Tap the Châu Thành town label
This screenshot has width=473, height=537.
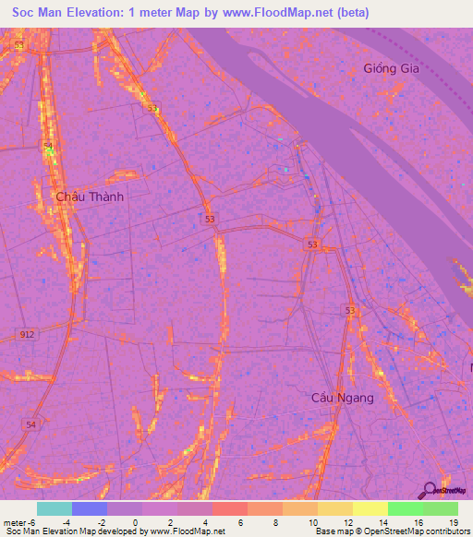click(x=89, y=197)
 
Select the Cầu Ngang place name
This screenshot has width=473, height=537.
click(x=342, y=398)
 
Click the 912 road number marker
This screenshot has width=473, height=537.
click(x=27, y=334)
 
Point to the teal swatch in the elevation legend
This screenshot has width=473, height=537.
click(x=55, y=508)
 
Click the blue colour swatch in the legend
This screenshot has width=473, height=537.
click(x=90, y=508)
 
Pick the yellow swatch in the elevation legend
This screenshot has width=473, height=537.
click(x=370, y=508)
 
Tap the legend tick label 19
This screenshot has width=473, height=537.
click(x=453, y=522)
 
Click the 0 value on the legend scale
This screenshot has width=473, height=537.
click(x=136, y=522)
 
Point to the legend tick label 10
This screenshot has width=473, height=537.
click(x=311, y=522)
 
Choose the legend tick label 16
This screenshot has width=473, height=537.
click(x=418, y=522)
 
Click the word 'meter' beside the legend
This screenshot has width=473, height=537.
click(x=13, y=522)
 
